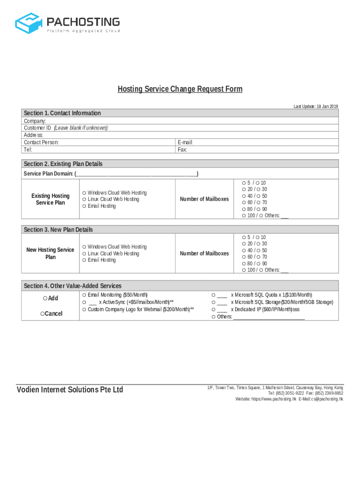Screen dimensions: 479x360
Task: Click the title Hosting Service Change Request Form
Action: point(180,89)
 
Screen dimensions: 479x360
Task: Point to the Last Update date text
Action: point(316,107)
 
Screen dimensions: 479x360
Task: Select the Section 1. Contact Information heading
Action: point(62,113)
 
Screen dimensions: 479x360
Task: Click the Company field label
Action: point(35,121)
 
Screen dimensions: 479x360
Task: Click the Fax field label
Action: point(182,150)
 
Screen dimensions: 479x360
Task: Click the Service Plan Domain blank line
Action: point(136,174)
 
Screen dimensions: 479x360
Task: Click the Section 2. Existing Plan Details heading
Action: point(63,164)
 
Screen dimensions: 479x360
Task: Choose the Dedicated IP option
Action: point(214,310)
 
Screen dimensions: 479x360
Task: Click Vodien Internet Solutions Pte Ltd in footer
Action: point(70,390)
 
